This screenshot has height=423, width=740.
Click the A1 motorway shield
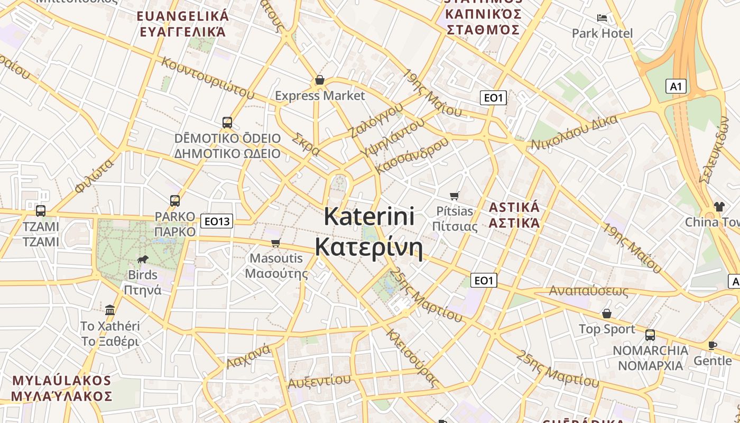pos(676,86)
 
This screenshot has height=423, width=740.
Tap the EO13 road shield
pos(217,221)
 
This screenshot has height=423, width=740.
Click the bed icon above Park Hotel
pos(602,18)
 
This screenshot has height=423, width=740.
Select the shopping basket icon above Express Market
pos(319,80)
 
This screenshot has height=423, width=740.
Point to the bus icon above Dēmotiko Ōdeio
pos(227,123)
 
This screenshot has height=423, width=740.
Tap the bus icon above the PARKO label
pos(175,201)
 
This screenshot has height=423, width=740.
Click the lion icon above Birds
pos(142,259)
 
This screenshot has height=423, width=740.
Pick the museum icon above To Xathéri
pos(110,309)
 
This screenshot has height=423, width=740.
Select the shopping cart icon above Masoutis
pos(275,243)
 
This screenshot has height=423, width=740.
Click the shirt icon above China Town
pos(719,206)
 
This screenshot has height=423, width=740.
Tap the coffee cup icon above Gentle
pos(713,346)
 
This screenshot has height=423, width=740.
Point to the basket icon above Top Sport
pos(607,314)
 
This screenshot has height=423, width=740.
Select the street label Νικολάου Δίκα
pos(574,133)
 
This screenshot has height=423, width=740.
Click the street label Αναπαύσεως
pos(589,291)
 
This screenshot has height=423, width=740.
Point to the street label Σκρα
pos(306,144)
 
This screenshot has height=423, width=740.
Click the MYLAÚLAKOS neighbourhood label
pos(61,381)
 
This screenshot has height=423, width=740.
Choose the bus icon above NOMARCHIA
pos(650,335)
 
